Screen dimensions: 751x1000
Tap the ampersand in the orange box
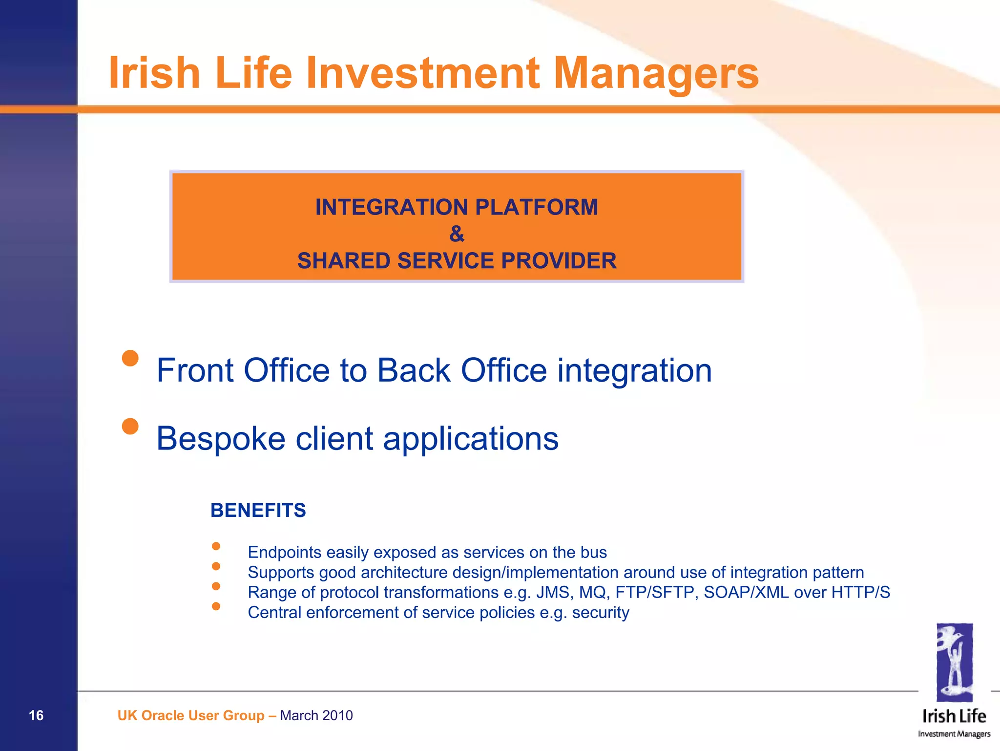(x=457, y=234)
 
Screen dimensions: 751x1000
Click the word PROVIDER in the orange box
(x=559, y=261)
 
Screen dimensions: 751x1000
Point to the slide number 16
(x=36, y=715)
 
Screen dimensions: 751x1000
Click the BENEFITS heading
(x=258, y=510)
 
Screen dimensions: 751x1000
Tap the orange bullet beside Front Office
(x=130, y=358)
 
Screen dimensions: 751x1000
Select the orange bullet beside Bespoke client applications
(x=130, y=426)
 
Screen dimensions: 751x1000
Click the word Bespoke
(x=221, y=438)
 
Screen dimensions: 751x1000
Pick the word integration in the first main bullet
(x=634, y=370)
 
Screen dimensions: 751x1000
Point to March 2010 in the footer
(x=316, y=715)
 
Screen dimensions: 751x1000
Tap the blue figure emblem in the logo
(x=954, y=662)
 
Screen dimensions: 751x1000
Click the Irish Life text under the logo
(x=954, y=716)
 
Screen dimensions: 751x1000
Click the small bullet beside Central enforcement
(x=216, y=606)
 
